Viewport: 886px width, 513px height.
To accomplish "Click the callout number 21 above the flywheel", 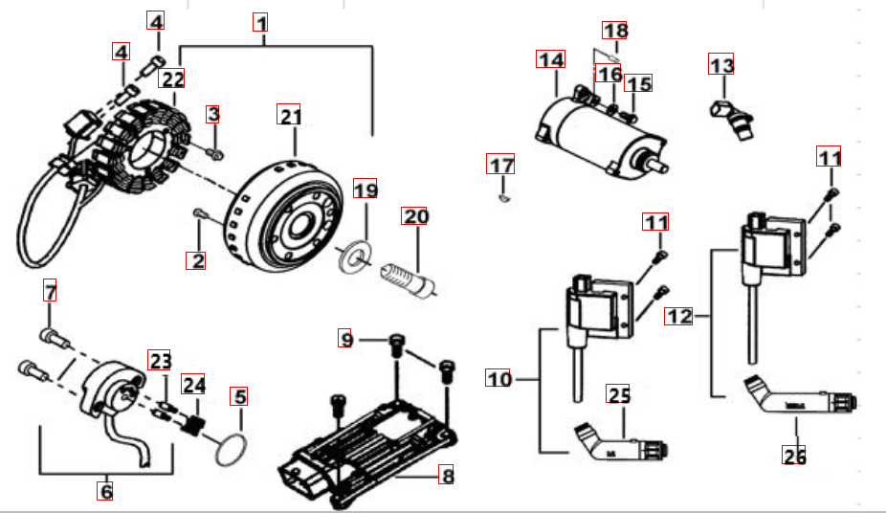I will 289,116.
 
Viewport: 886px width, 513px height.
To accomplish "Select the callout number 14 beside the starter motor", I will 549,60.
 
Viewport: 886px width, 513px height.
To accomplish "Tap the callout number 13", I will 721,66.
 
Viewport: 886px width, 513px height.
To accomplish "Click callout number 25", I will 619,394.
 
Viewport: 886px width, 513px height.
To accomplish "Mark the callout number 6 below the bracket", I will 105,491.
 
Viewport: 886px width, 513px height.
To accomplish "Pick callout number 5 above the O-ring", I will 239,395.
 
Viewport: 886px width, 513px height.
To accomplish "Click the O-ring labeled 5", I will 229,451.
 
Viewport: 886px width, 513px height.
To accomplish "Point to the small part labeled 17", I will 503,199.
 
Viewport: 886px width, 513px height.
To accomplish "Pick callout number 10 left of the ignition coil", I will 499,378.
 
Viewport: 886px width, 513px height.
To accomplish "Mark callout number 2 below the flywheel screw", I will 196,258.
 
